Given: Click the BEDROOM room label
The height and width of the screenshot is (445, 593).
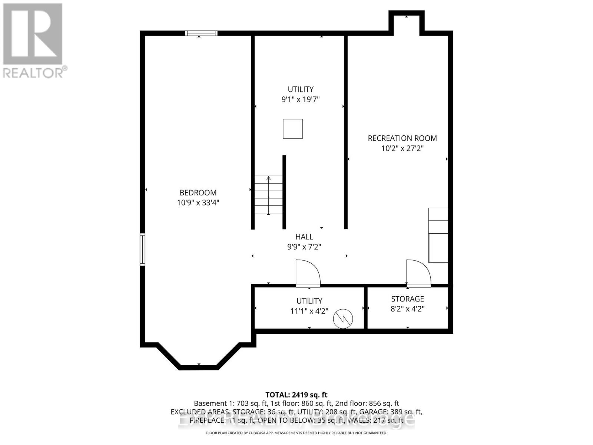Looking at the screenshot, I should click(198, 192).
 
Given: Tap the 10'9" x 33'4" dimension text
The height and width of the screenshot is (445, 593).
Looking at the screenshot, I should click(198, 203).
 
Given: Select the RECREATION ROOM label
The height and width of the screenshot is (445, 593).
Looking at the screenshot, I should click(402, 138).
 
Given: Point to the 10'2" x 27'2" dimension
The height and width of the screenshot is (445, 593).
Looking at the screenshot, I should click(402, 148).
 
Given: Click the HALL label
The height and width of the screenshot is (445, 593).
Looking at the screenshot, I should click(304, 237).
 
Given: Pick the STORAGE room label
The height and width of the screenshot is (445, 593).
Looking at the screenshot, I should click(407, 299).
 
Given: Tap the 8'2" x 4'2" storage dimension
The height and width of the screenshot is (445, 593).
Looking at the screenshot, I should click(407, 309).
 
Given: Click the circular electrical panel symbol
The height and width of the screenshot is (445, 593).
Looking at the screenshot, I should click(343, 319).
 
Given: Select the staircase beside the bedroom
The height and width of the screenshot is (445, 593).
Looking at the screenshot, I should click(268, 195).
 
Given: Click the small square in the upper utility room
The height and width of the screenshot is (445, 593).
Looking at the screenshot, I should click(293, 129).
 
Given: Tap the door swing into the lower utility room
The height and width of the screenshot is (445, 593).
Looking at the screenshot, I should click(308, 273).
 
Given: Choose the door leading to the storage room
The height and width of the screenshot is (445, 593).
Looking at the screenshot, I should click(418, 273).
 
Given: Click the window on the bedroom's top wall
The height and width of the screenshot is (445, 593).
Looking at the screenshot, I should click(201, 33).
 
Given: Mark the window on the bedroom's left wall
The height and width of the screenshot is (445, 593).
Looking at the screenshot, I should click(142, 249).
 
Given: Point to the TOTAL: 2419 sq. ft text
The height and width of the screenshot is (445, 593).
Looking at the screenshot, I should click(296, 395).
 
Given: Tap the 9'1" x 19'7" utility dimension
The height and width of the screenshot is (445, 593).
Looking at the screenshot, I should click(300, 99).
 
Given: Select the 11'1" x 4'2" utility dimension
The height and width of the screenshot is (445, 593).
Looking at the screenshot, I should click(309, 311).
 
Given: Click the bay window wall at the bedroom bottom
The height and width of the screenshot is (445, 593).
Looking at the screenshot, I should click(198, 367).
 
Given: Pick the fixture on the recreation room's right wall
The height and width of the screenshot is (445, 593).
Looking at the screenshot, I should click(438, 235).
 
